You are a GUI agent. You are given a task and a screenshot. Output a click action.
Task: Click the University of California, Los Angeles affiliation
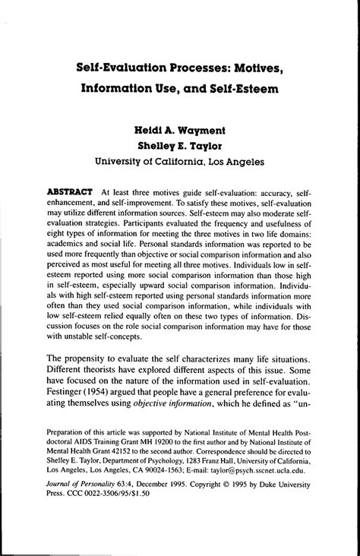180,162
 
